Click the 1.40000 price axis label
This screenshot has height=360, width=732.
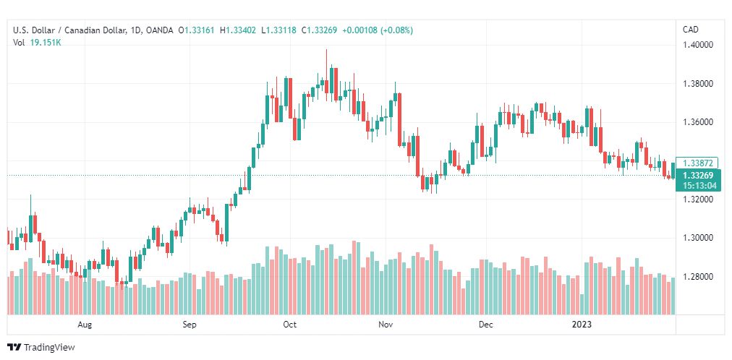tap(699, 46)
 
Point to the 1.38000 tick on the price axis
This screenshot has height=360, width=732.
tap(699, 84)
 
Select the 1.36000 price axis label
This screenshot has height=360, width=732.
tap(699, 123)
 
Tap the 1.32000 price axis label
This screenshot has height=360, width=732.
tap(699, 200)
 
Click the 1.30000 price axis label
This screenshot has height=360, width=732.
tap(699, 239)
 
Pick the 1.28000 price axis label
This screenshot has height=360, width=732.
tap(699, 277)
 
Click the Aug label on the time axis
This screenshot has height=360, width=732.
tap(85, 325)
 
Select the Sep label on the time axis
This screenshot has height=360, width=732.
tap(190, 325)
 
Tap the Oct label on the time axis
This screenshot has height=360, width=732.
tap(290, 325)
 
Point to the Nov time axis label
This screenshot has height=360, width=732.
tap(386, 325)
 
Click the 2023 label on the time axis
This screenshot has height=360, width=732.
tap(582, 325)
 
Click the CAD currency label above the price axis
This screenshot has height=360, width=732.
tap(691, 30)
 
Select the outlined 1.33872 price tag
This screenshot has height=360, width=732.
tap(697, 163)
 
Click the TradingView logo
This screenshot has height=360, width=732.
tap(41, 348)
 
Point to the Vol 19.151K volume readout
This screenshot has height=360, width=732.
tap(38, 43)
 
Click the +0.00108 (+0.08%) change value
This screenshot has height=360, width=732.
tap(378, 31)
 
